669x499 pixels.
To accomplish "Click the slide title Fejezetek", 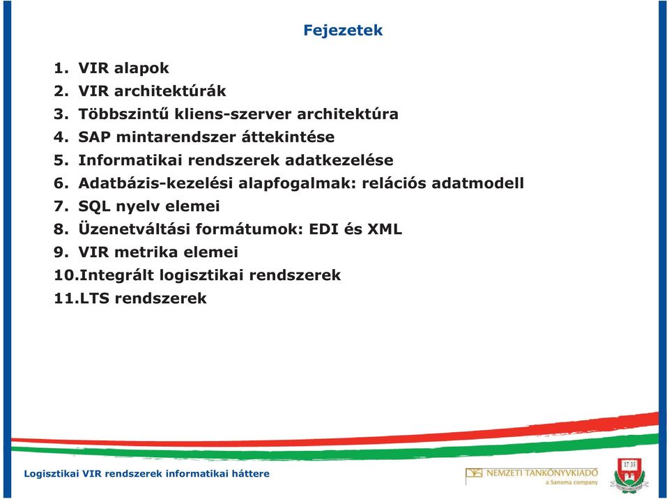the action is tap(343, 30).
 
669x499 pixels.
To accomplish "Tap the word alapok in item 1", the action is tap(141, 68).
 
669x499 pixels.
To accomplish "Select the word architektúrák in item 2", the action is tap(170, 91).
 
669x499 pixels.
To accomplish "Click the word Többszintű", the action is tap(123, 114).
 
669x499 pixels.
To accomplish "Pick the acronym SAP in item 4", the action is tap(94, 137).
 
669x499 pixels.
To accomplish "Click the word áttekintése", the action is tap(288, 137).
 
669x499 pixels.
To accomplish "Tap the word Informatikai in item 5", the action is tap(130, 160).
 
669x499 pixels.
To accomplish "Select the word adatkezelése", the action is tap(339, 160).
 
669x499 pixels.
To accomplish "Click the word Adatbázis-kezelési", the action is tap(155, 183).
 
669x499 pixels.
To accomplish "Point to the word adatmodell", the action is tap(477, 183).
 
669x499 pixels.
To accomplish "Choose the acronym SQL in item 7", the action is tap(94, 206).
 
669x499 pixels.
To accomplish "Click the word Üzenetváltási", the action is tap(134, 229).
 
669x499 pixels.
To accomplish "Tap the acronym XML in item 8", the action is tap(385, 229).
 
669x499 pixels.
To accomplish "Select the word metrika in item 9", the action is tap(146, 252).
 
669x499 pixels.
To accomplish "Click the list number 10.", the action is tap(65, 275).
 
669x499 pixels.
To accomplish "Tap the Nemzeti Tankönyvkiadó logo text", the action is tap(541, 473).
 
